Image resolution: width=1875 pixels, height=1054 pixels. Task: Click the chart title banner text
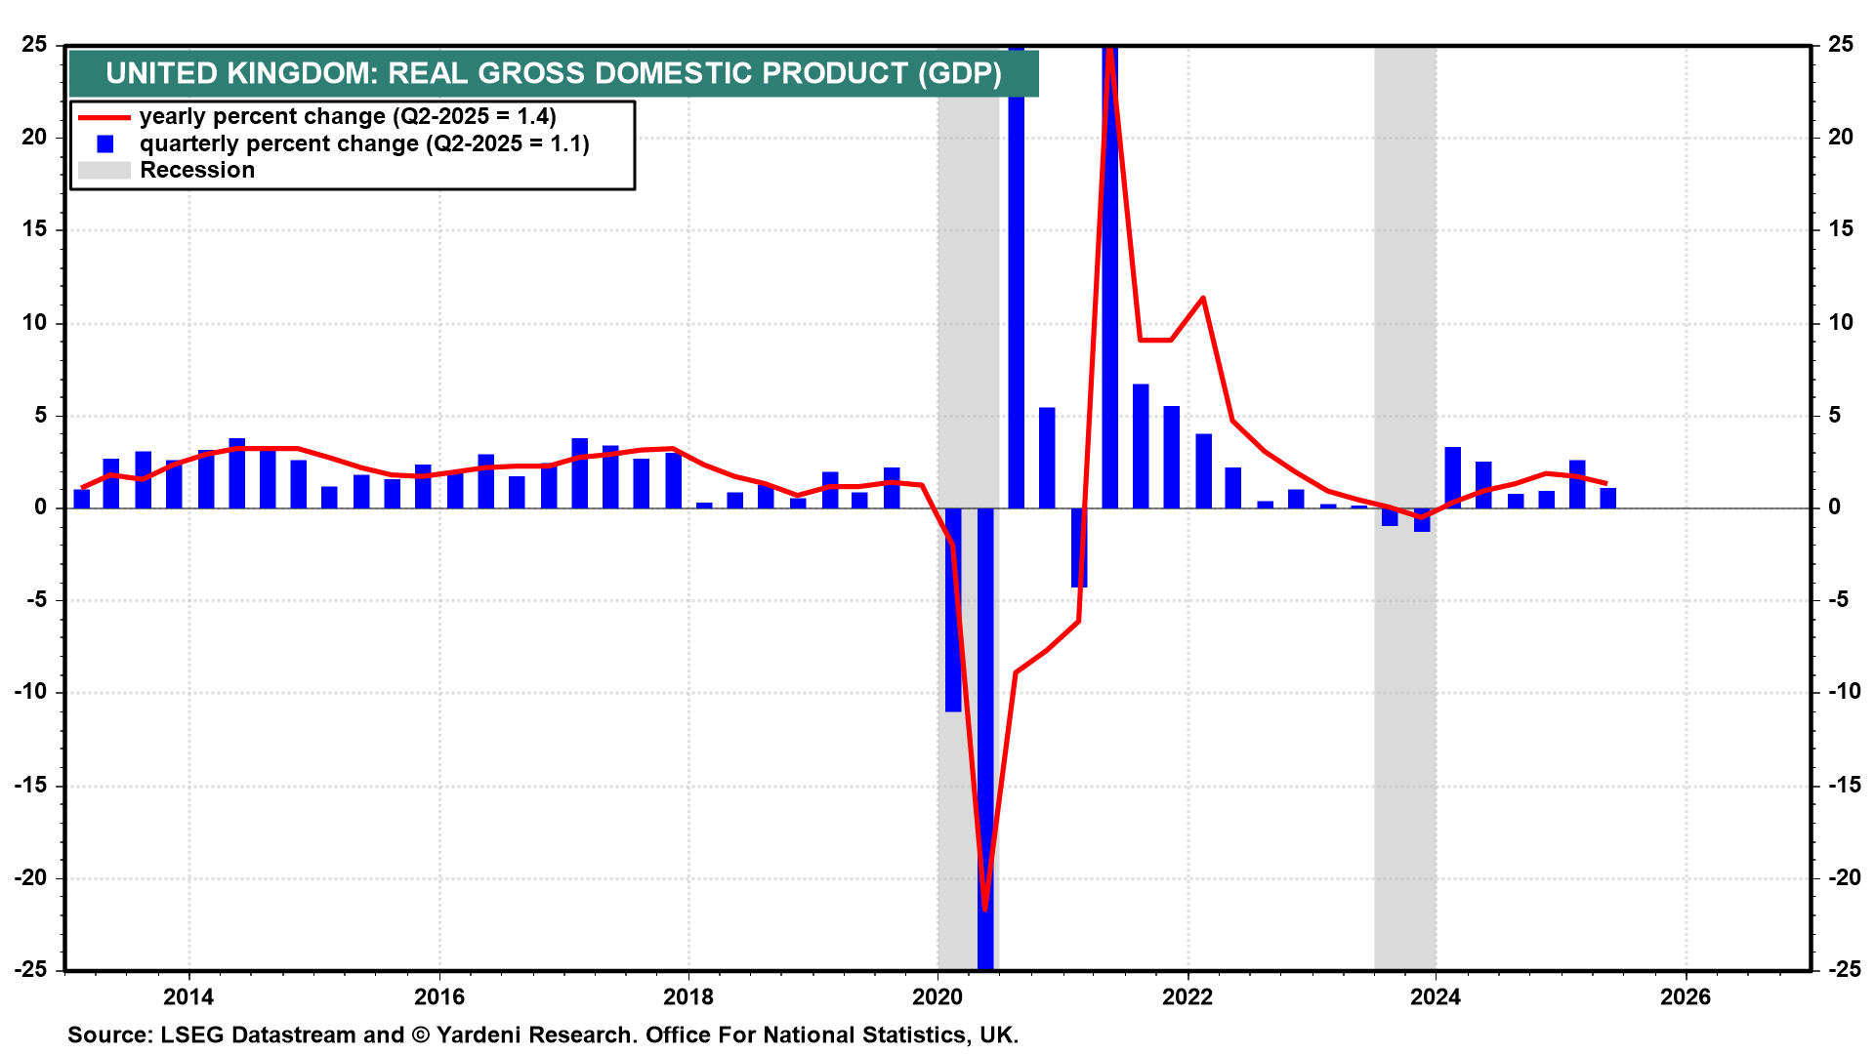[x=553, y=73]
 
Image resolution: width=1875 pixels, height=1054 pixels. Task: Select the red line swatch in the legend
[x=104, y=117]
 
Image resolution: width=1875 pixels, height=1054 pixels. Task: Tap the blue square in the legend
[x=105, y=144]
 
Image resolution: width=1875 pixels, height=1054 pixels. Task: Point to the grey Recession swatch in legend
[x=104, y=171]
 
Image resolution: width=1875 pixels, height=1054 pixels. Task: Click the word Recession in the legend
[x=197, y=171]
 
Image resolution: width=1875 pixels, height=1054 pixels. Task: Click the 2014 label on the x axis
[x=188, y=996]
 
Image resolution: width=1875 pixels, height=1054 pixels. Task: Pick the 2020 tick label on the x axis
[x=937, y=996]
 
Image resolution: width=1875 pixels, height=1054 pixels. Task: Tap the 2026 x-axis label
[x=1686, y=996]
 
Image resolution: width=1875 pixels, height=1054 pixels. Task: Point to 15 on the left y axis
[x=34, y=229]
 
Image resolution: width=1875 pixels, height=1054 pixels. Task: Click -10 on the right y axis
[x=1844, y=692]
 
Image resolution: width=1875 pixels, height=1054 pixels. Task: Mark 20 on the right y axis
[x=1841, y=138]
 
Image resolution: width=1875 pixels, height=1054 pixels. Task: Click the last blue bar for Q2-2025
[x=1607, y=498]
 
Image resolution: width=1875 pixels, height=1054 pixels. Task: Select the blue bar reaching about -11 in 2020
[x=953, y=610]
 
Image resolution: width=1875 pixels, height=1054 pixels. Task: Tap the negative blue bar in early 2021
[x=1078, y=547]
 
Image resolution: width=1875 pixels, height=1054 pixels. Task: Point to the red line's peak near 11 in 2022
[x=1202, y=298]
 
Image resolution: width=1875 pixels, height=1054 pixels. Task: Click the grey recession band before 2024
[x=1404, y=293]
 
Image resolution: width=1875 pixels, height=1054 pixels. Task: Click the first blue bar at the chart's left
[x=81, y=499]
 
